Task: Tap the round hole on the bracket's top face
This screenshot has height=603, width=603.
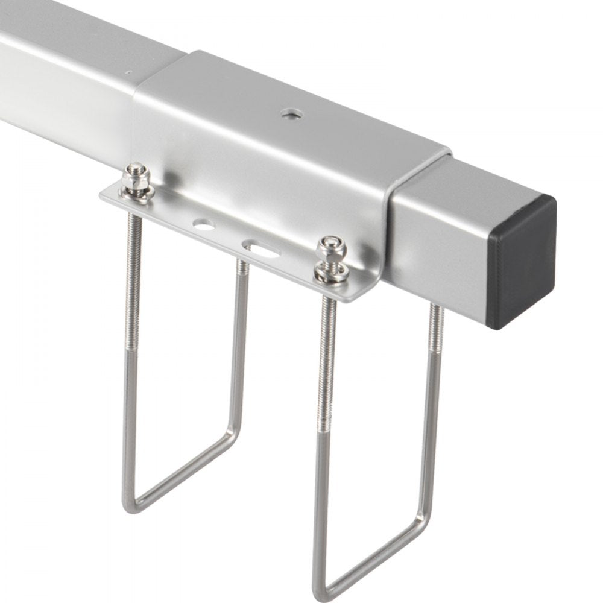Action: [292, 113]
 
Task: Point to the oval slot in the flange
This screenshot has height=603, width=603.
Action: [260, 247]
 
